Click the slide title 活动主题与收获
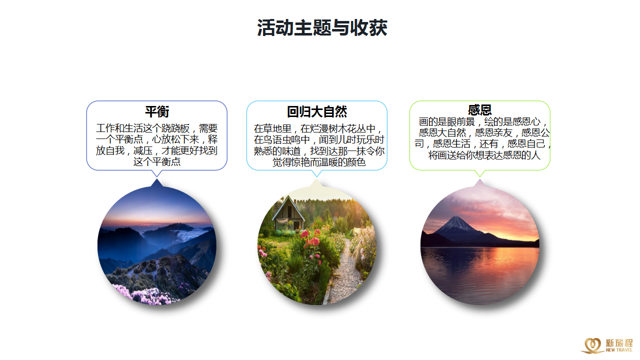322,27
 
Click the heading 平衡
157,111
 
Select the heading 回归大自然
317,111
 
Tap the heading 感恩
479,109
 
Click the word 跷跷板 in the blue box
175,128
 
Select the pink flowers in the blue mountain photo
143,294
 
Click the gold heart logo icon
593,345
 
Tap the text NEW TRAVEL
619,350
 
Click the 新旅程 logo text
619,342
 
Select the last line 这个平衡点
157,162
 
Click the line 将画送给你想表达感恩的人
484,155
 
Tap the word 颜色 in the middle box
356,162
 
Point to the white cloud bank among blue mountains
190,235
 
